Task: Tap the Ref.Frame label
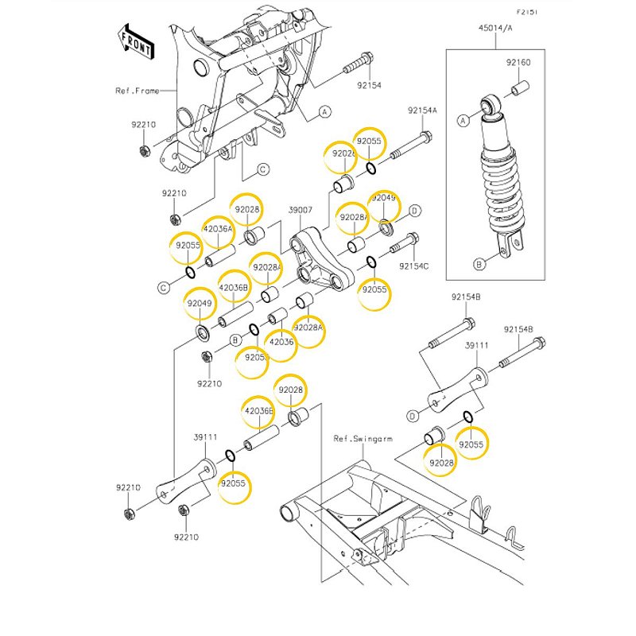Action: click(137, 91)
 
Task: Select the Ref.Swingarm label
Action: click(355, 438)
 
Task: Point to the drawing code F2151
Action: click(527, 13)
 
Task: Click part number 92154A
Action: click(423, 111)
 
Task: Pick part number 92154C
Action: click(413, 266)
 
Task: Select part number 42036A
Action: click(218, 229)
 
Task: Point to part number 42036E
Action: click(258, 410)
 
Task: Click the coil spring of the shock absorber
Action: click(502, 183)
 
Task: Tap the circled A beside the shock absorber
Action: click(461, 120)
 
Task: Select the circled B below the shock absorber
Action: click(479, 263)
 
